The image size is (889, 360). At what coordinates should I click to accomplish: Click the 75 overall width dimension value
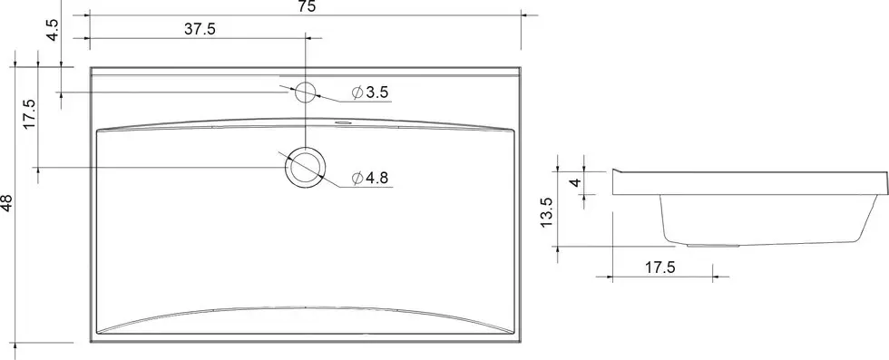(x=307, y=6)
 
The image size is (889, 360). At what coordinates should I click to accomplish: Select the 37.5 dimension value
(x=200, y=30)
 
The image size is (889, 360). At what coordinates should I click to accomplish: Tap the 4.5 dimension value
(x=53, y=30)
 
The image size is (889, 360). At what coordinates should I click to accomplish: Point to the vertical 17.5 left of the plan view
(x=29, y=113)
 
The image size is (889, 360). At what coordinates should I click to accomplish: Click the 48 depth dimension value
(x=7, y=203)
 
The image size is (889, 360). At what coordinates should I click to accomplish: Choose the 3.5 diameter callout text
(x=377, y=93)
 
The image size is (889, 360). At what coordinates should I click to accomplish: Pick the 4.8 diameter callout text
(x=377, y=178)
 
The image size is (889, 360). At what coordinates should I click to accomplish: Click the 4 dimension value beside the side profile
(x=575, y=182)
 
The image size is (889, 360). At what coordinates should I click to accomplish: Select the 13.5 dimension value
(x=546, y=212)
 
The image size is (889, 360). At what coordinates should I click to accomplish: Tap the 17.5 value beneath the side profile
(x=660, y=268)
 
